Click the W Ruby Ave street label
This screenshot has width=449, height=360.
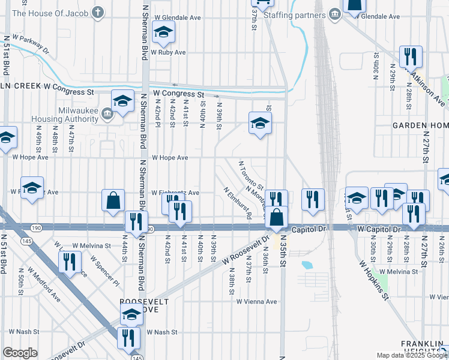pyautogui.click(x=168, y=52)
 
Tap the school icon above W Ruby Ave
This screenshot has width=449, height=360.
pyautogui.click(x=163, y=33)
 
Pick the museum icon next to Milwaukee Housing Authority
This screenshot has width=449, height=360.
pyautogui.click(x=108, y=113)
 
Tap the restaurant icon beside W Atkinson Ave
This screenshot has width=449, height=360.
pyautogui.click(x=411, y=57)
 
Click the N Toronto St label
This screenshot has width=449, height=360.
pyautogui.click(x=251, y=174)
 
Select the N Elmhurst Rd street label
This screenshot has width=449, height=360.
pyautogui.click(x=237, y=202)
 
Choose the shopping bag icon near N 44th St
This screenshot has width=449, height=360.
pyautogui.click(x=113, y=201)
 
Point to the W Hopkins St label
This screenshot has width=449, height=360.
pyautogui.click(x=375, y=279)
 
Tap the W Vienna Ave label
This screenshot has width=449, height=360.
pyautogui.click(x=256, y=302)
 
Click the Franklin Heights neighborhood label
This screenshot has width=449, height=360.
pyautogui.click(x=424, y=347)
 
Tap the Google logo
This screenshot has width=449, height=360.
pyautogui.click(x=20, y=353)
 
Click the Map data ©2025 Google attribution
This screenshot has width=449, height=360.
pyautogui.click(x=411, y=355)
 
